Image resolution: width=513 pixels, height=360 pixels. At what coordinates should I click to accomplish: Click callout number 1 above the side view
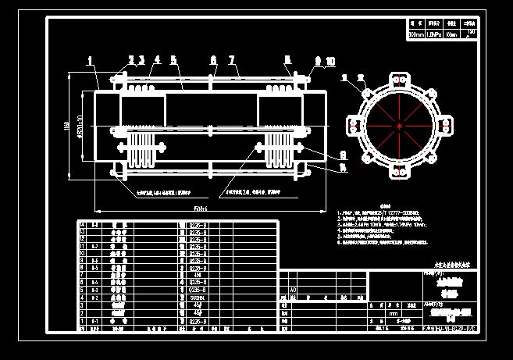(x=90, y=59)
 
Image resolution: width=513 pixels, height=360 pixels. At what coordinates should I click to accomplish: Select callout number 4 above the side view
(x=157, y=59)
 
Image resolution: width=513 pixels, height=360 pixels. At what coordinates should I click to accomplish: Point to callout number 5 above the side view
(x=173, y=59)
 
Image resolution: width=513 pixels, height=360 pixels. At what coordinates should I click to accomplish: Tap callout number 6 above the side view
(x=213, y=59)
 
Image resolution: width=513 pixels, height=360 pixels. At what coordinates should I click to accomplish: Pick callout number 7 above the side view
(x=232, y=59)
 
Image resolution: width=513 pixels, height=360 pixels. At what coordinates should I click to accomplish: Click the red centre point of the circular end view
(x=399, y=126)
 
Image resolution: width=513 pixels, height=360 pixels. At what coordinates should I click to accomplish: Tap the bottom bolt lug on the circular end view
(x=399, y=173)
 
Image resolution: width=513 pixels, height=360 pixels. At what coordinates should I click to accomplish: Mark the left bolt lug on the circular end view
(x=353, y=126)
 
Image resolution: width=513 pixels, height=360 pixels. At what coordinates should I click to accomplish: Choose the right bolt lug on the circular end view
(x=446, y=126)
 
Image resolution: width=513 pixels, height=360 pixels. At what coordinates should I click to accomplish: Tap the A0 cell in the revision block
(x=294, y=288)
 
